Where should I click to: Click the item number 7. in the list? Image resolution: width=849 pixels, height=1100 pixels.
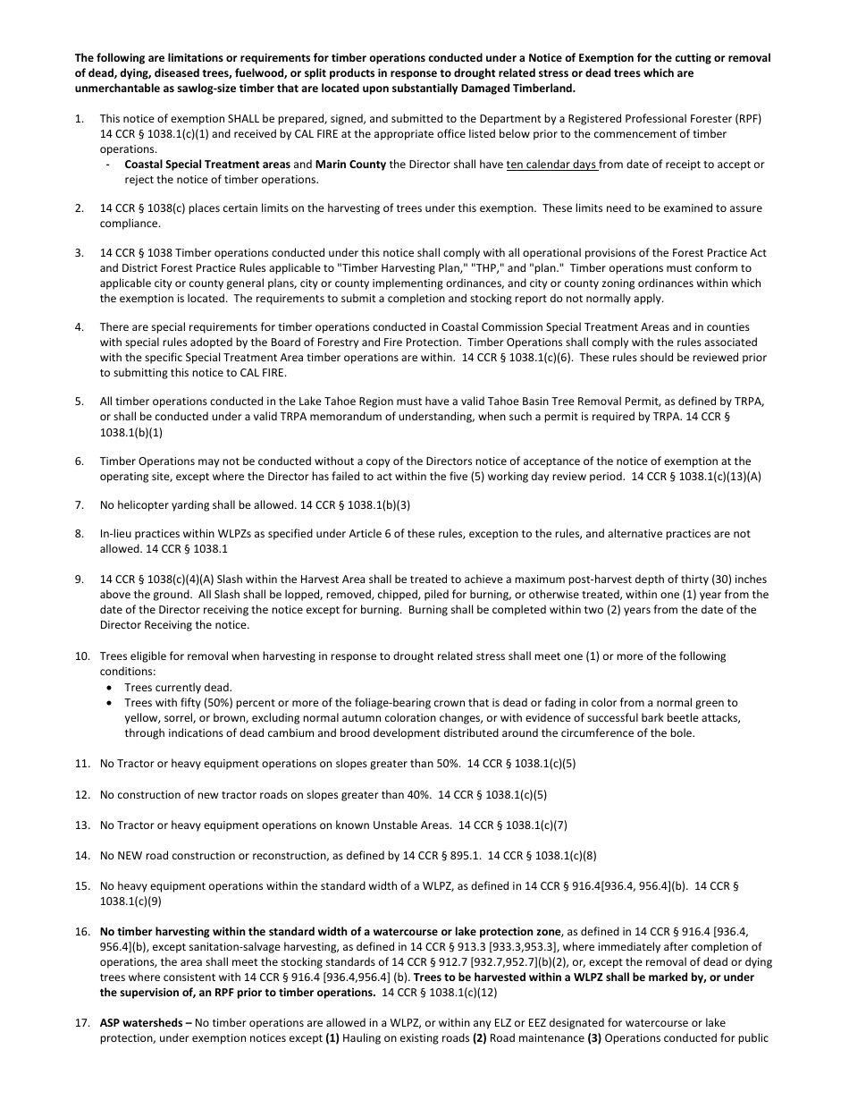(x=80, y=505)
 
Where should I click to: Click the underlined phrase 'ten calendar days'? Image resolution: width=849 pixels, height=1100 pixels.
(x=551, y=165)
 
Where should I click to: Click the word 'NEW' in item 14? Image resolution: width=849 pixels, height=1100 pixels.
(x=132, y=856)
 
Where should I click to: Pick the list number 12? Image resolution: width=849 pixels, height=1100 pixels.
(x=81, y=794)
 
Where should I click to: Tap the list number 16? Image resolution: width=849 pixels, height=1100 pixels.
(x=81, y=931)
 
